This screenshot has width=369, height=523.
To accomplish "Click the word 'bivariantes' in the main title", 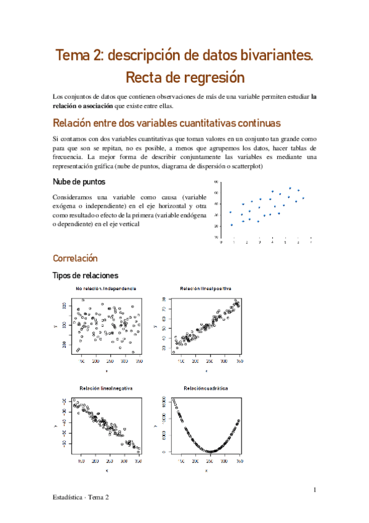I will [269, 55].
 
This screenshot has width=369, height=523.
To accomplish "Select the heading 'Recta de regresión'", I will [185, 78].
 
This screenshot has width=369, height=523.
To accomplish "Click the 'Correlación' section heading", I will [75, 258].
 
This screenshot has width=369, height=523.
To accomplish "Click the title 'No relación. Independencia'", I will [106, 289].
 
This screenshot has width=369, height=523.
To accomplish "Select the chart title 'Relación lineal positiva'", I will [206, 289].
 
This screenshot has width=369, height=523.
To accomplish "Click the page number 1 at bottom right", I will [314, 490].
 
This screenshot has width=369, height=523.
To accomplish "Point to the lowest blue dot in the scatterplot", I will [232, 225].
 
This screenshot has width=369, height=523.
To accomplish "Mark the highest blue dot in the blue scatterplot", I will [290, 188].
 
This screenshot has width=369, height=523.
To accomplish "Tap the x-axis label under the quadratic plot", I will [206, 471].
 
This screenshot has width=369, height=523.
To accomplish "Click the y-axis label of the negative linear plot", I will [57, 426].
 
